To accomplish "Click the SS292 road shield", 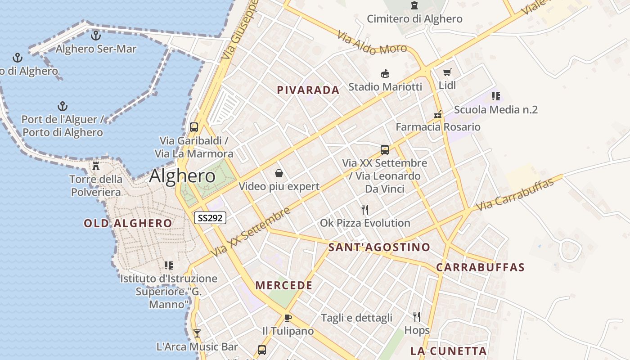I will coord(210,218).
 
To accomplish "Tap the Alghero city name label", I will coord(182,176).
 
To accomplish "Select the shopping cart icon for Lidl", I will coord(447,72).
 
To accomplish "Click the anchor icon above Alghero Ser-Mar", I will coord(95,35).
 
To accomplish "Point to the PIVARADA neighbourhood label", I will coord(308,90).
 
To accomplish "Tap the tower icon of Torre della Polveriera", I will coord(96,166).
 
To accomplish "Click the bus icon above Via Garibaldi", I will coord(194,127).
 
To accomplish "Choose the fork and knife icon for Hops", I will coord(417,317).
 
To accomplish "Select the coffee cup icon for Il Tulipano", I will coord(288,318).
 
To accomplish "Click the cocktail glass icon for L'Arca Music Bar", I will coord(197,333).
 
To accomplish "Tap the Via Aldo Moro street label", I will coord(372,42).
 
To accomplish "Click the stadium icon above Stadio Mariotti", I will coord(385,74).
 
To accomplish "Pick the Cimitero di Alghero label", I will coord(414,19).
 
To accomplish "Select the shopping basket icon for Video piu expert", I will coord(279,173).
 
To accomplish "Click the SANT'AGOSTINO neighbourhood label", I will coord(379,247).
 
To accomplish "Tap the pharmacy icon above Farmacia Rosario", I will coord(438,114).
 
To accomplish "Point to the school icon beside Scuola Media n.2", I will coord(496,96).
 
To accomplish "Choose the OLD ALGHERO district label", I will coord(128,223).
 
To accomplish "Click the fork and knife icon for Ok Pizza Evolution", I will coord(365,210).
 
